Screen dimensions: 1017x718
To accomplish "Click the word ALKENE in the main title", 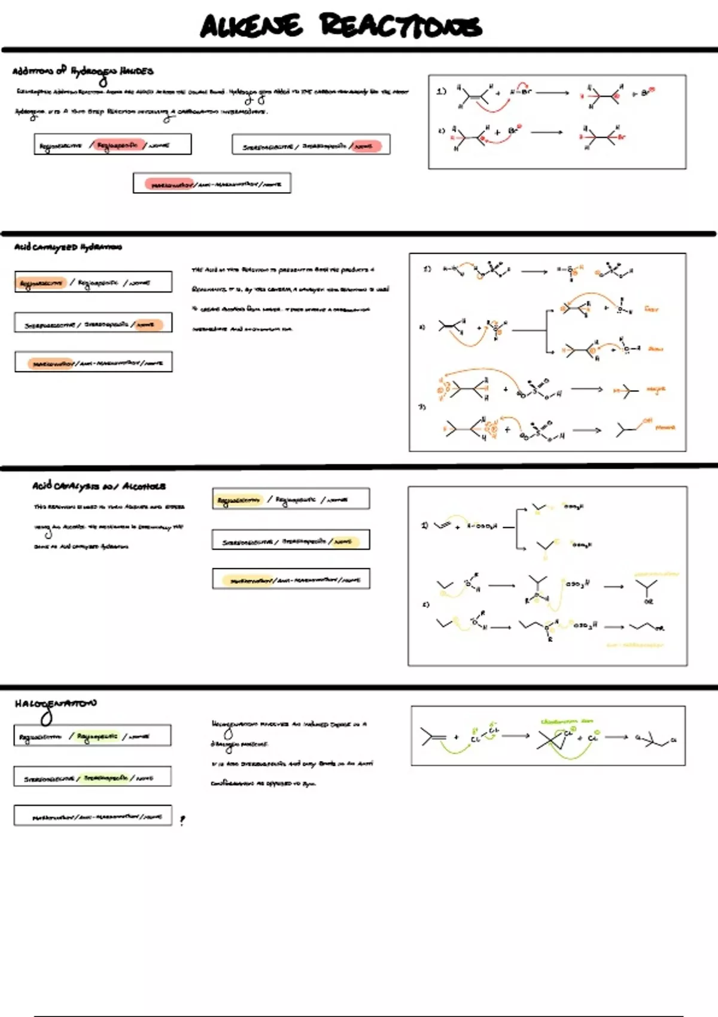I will [251, 26].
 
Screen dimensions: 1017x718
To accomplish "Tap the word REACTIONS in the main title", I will [400, 26].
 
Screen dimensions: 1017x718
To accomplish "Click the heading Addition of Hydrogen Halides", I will [83, 72].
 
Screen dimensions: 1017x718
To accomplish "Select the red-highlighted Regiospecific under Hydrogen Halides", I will [117, 145].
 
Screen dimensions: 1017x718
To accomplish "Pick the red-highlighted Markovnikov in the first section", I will [169, 184].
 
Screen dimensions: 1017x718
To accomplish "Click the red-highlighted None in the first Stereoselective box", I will [365, 146].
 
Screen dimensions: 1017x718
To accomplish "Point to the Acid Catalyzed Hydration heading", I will [68, 247].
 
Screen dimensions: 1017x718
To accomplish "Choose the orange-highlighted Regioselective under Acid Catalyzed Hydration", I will [41, 283].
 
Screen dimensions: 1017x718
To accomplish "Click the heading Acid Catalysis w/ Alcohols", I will [99, 486].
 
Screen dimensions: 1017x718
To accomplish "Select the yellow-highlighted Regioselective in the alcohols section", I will [239, 500].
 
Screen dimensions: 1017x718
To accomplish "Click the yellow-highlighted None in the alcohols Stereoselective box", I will [343, 542].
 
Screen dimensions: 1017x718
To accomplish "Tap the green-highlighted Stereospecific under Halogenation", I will [105, 778].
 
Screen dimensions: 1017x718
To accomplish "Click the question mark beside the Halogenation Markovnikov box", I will [182, 820].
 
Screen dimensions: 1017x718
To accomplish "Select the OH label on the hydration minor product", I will [647, 421].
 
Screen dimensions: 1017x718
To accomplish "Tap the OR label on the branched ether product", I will [649, 601].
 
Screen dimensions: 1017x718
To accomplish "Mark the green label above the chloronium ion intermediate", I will [566, 721].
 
